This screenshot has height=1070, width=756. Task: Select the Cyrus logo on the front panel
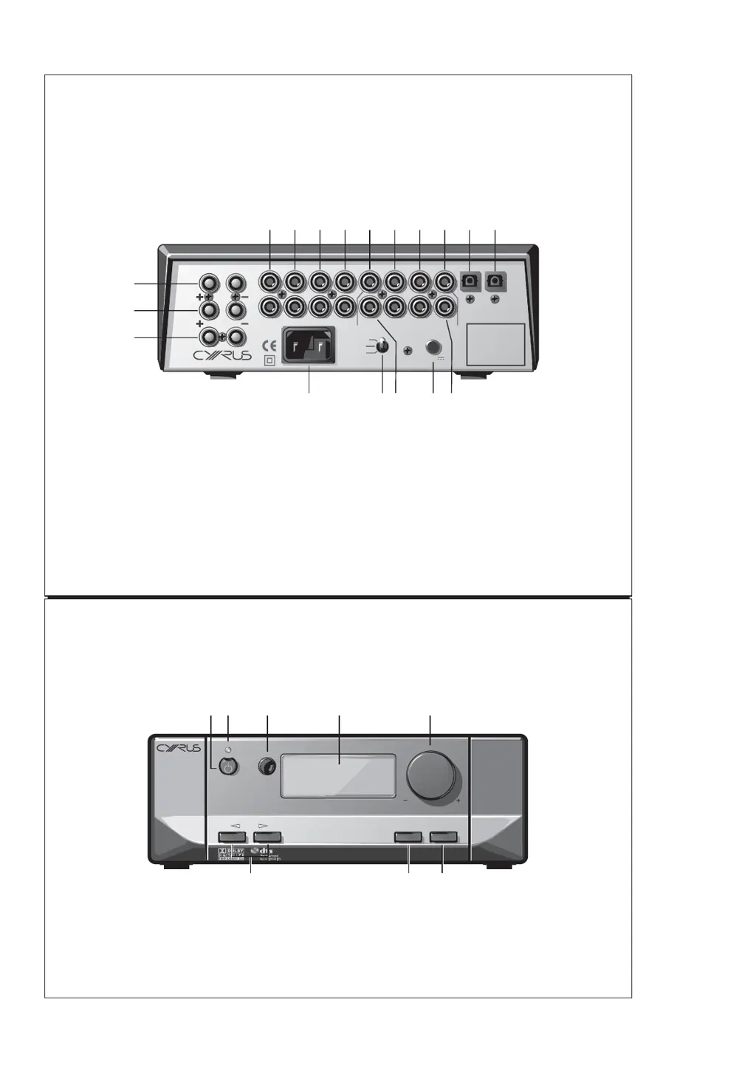point(178,749)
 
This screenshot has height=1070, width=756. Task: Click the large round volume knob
point(431,777)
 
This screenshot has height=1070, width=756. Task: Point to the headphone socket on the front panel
point(267,767)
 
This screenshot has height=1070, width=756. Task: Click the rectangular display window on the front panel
point(339,775)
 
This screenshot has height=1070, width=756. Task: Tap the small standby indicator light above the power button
point(229,750)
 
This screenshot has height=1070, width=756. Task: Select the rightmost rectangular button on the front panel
point(443,837)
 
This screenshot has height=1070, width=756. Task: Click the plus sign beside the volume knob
point(458,800)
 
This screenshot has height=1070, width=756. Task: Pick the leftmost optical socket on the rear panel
point(470,281)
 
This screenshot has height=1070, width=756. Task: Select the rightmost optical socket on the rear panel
point(495,281)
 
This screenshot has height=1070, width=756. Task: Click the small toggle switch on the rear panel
point(382,347)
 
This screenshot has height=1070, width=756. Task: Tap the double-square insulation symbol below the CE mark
point(269,361)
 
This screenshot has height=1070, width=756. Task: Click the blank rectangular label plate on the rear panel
point(496,346)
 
